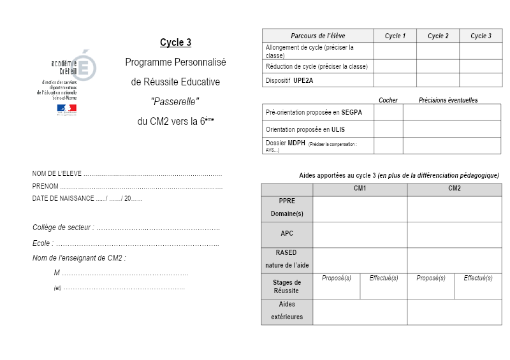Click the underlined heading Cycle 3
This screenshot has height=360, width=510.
(175, 43)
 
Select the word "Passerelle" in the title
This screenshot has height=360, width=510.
(175, 101)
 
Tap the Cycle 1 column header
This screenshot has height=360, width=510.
(395, 36)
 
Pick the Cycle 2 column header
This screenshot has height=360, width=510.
(438, 36)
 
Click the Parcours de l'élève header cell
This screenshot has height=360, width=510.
(317, 36)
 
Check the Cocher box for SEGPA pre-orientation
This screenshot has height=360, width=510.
(388, 113)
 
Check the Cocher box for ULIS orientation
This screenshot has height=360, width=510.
(388, 129)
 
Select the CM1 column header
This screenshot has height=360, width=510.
(360, 189)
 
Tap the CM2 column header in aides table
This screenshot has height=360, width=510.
(455, 189)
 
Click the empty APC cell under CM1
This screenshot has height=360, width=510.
(360, 234)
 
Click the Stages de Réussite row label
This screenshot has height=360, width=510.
(287, 286)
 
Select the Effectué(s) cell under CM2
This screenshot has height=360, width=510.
(478, 286)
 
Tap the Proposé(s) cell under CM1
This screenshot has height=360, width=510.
(337, 286)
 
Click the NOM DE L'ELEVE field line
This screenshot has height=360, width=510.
(153, 174)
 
